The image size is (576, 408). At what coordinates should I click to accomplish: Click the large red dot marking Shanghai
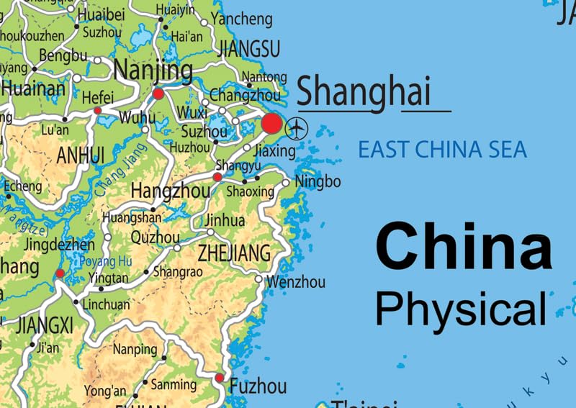[271, 124]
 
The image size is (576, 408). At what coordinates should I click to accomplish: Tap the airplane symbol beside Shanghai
[296, 129]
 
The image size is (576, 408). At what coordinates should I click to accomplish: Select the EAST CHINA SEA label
[442, 150]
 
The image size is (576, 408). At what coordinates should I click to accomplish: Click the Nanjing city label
[153, 71]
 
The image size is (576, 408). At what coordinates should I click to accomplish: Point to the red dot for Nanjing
[158, 94]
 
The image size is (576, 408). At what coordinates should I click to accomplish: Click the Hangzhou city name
[170, 191]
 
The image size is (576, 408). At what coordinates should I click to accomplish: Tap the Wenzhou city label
[295, 281]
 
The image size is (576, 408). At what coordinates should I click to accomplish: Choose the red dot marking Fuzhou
[220, 378]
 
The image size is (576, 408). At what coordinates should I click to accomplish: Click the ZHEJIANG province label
[234, 253]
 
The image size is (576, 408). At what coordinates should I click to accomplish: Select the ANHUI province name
[81, 155]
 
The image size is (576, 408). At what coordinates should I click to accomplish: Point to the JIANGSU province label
[248, 49]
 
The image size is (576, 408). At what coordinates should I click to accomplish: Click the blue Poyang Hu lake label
[105, 260]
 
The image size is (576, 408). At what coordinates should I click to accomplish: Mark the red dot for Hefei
[97, 110]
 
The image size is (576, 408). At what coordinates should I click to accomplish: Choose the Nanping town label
[135, 350]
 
